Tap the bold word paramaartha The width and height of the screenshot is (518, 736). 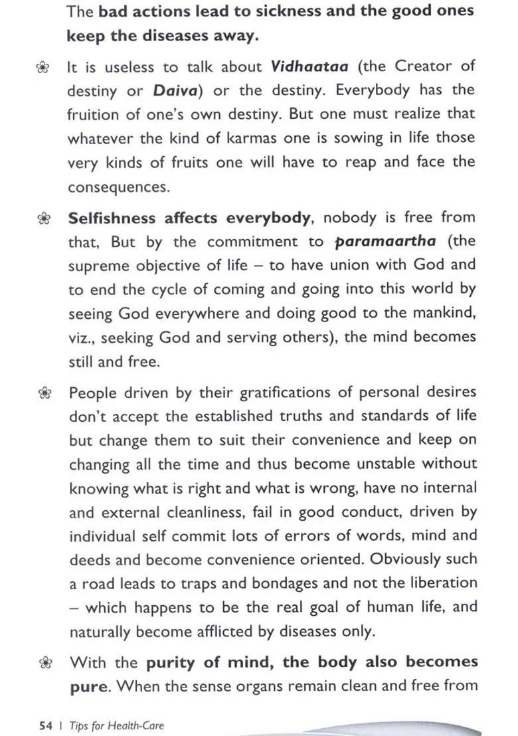(x=385, y=241)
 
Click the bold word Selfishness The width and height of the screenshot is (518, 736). (x=112, y=218)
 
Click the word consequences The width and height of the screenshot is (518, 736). (x=118, y=187)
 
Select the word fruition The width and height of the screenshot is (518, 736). (x=93, y=114)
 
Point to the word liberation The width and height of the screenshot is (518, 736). (x=442, y=583)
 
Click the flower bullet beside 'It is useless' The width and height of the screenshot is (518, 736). (x=43, y=67)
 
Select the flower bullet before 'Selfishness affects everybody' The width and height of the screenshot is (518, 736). (x=43, y=218)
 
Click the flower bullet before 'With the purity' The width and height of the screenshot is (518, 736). (x=44, y=662)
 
